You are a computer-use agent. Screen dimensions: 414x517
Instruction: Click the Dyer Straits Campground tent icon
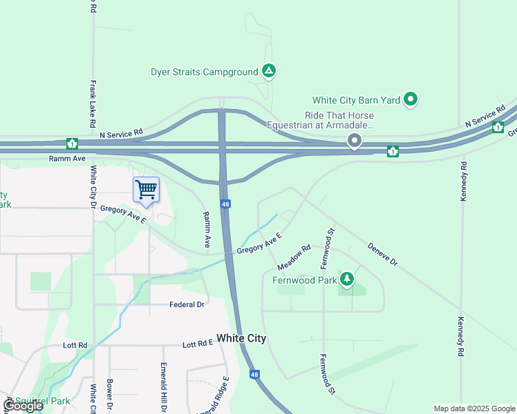(269, 71)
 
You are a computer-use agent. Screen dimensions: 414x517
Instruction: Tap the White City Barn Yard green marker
(411, 100)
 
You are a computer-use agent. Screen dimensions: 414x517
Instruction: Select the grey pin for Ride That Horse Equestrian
(355, 141)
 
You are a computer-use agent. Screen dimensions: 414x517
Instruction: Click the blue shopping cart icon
(146, 189)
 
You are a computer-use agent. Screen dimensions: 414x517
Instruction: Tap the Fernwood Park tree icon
(347, 279)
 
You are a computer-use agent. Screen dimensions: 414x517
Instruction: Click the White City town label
(241, 338)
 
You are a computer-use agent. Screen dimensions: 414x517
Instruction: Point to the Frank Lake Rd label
(92, 103)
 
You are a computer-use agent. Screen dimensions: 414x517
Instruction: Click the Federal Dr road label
(187, 304)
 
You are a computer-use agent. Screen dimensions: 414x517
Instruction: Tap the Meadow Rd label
(294, 257)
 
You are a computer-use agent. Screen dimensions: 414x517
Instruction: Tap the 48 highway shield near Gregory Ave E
(226, 204)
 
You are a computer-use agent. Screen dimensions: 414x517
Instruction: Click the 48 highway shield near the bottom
(254, 375)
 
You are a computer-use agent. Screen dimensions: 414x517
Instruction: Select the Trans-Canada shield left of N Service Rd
(71, 144)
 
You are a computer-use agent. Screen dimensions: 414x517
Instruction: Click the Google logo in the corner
(23, 406)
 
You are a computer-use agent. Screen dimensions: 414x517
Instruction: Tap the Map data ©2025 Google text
(473, 408)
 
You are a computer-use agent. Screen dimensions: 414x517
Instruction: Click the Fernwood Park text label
(303, 280)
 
